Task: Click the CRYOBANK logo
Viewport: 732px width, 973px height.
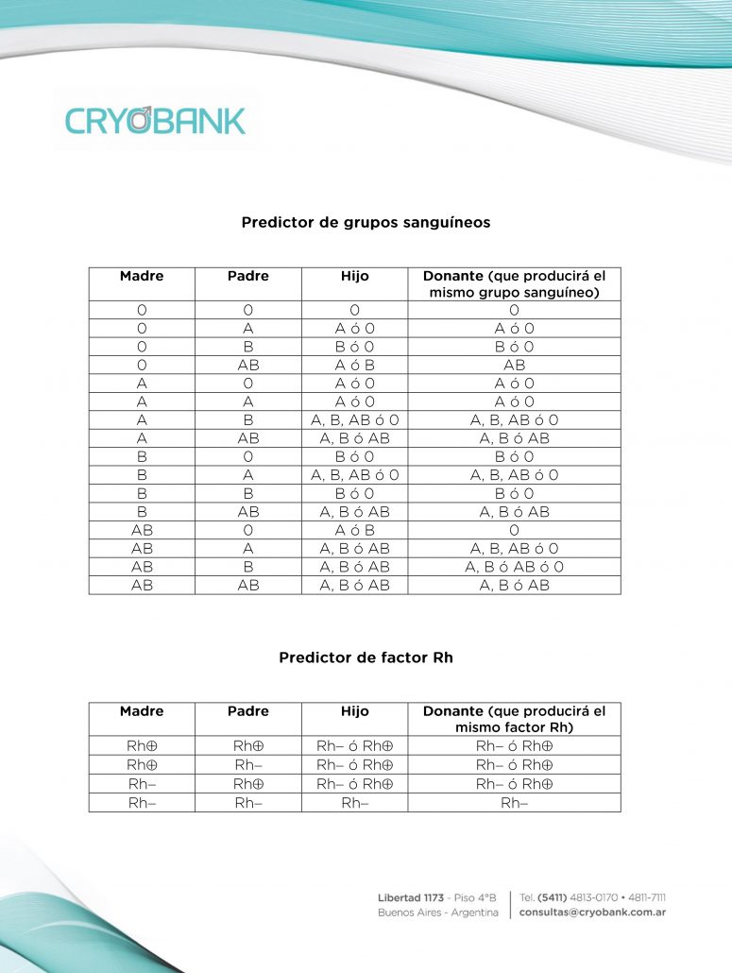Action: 156,120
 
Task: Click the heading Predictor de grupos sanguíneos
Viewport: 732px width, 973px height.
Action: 366,223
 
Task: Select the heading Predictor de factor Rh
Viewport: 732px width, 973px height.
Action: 366,657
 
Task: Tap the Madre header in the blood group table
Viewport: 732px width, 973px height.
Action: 142,276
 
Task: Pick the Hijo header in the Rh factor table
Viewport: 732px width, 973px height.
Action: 354,711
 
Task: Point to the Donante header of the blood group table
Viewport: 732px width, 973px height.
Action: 514,284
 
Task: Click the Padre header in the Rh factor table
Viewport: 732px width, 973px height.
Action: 247,711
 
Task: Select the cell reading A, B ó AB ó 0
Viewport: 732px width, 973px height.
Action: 514,567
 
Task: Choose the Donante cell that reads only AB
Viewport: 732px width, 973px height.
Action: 514,365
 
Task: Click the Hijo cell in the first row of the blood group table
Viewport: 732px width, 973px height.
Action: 354,310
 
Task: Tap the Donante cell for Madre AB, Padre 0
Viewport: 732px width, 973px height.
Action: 514,530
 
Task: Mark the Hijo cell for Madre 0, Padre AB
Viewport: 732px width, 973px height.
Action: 354,365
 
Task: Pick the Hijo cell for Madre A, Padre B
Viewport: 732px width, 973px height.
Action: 354,420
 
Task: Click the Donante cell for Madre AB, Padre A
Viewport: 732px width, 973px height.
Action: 514,549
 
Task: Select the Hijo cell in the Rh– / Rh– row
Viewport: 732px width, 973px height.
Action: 354,802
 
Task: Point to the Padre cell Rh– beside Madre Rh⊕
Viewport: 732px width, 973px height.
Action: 247,765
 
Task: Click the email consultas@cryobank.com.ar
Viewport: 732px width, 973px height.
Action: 593,913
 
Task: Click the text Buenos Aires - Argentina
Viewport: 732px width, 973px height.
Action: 437,913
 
